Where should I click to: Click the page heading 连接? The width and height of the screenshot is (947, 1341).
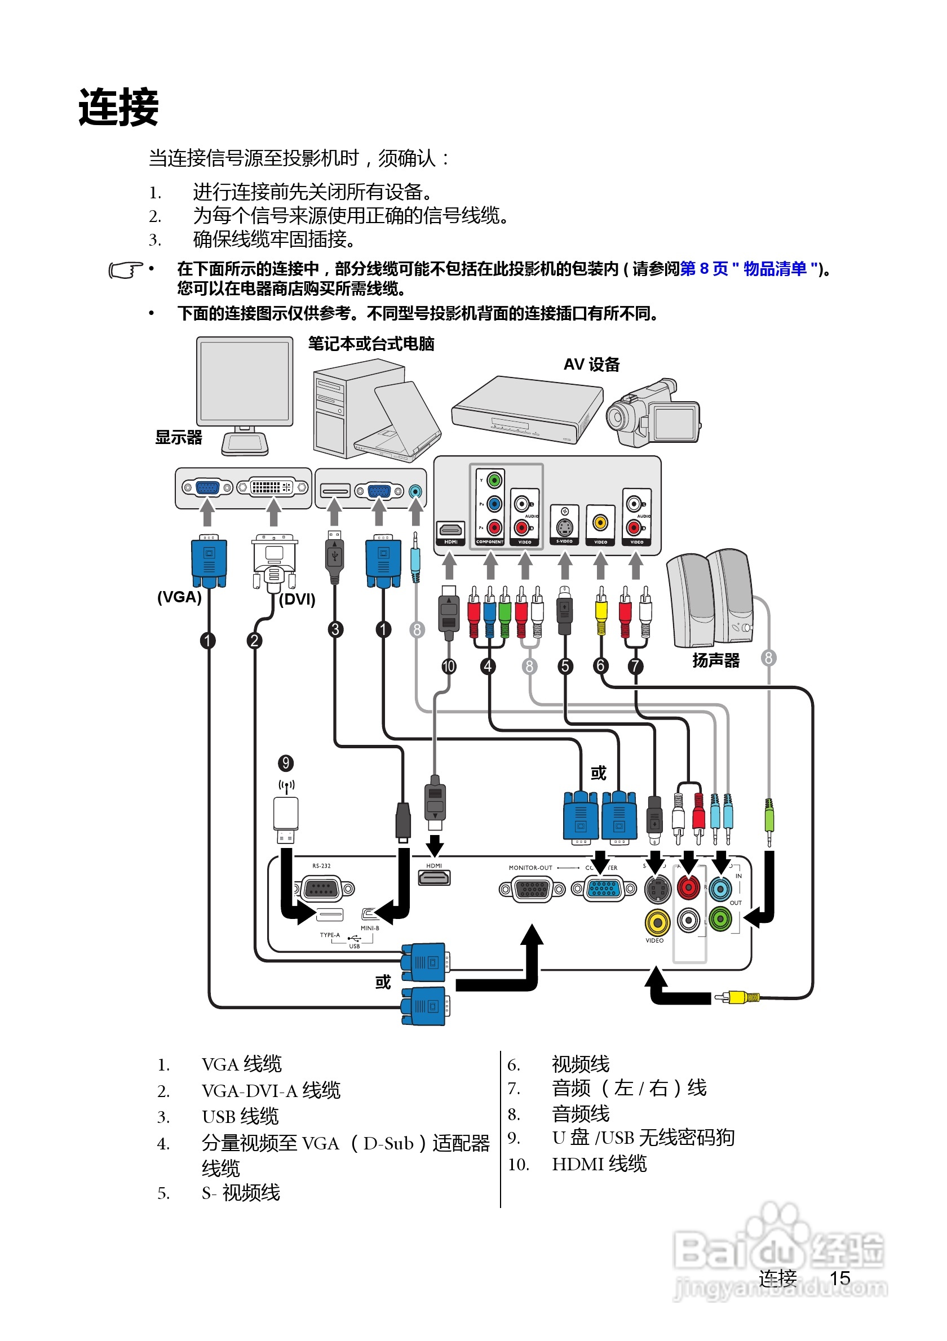[118, 108]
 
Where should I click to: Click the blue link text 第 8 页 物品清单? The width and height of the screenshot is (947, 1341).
[749, 269]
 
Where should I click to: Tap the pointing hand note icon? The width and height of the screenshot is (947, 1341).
[125, 270]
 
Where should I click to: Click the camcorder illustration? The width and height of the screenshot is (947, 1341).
[653, 414]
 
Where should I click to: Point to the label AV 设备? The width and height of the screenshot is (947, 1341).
[591, 365]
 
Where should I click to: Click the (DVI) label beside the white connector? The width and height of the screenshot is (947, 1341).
[297, 600]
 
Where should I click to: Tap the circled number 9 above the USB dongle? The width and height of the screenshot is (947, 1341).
[286, 763]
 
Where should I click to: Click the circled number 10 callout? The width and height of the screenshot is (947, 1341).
[449, 666]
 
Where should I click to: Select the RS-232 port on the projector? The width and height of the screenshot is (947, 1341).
[323, 889]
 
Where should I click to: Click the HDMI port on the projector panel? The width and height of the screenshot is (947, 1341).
[434, 877]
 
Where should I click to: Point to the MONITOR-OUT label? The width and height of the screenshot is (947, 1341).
[530, 868]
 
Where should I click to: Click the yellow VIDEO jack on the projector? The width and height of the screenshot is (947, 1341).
[657, 923]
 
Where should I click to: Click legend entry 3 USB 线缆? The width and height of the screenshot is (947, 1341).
[240, 1116]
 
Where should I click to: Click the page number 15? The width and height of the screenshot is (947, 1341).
[839, 1278]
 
